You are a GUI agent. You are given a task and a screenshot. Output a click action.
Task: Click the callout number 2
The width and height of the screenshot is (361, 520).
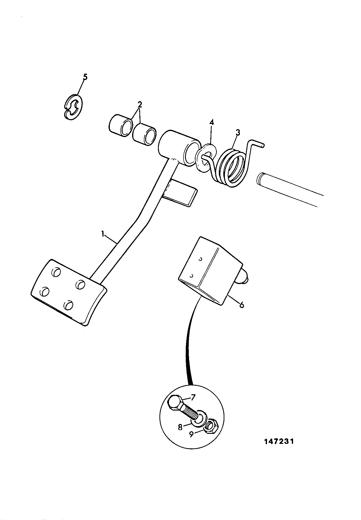(140, 104)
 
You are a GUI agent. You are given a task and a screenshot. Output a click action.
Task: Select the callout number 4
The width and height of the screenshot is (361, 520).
(212, 122)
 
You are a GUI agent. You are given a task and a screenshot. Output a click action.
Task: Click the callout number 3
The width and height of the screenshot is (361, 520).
(238, 133)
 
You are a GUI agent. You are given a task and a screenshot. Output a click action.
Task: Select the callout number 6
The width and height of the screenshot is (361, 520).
(241, 305)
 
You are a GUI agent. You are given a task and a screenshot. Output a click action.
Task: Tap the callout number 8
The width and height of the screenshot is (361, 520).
(180, 427)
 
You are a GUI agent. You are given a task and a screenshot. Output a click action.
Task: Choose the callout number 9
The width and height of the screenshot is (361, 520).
(191, 434)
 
